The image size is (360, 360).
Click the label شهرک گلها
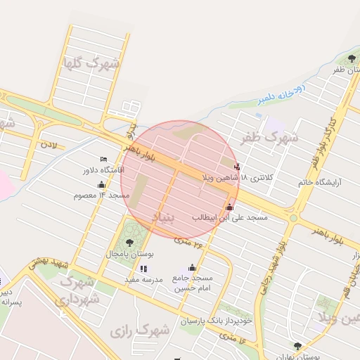(x=91, y=63)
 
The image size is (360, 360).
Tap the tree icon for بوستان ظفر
(x=352, y=58)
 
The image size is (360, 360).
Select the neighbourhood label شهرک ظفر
(x=269, y=137)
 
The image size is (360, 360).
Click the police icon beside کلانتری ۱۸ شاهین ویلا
(x=236, y=167)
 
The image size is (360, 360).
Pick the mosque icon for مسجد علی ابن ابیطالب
(x=229, y=207)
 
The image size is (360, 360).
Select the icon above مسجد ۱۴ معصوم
(x=101, y=184)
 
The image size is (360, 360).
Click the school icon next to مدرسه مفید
(x=143, y=269)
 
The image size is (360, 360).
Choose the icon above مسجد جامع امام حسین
(x=192, y=267)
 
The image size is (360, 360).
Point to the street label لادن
(x=49, y=145)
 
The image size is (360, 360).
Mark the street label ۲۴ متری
(x=188, y=243)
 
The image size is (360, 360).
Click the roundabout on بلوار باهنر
(x=292, y=218)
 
